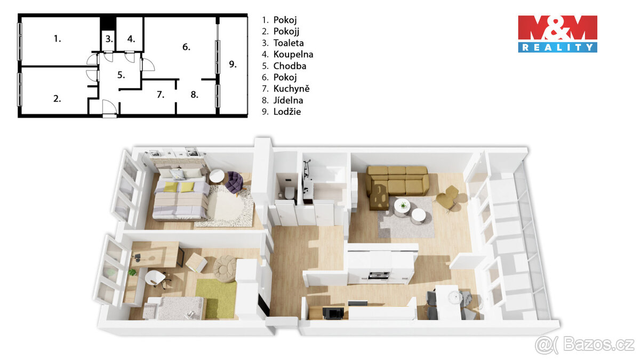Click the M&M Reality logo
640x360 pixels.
(x=557, y=34)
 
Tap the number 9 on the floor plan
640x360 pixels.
(x=233, y=64)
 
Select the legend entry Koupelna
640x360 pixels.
(x=293, y=54)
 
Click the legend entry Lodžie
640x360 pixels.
(x=287, y=111)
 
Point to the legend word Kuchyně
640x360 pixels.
(x=291, y=89)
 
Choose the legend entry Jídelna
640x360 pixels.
(x=289, y=100)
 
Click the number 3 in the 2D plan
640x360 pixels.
(x=108, y=39)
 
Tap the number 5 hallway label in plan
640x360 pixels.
(x=121, y=75)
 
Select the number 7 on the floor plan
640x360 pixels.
(x=160, y=95)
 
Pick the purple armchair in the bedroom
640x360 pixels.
(x=234, y=182)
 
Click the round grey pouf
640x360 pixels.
(x=225, y=266)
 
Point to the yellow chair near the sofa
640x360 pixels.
(x=448, y=198)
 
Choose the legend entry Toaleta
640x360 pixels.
(x=289, y=43)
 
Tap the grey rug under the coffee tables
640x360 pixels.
(x=405, y=219)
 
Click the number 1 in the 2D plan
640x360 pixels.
(x=57, y=38)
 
